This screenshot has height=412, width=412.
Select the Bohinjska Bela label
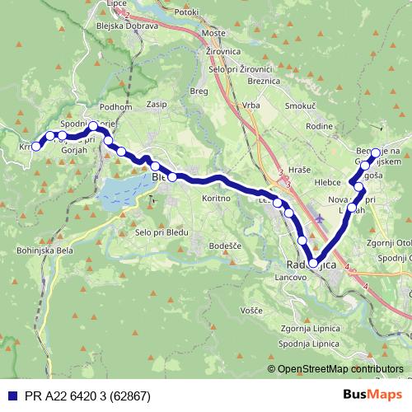point(29,247)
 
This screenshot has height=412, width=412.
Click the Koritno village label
point(215,198)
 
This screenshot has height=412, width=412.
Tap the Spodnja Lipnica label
point(309,342)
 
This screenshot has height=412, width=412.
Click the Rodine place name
point(317,126)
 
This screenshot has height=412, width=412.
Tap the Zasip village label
point(157,105)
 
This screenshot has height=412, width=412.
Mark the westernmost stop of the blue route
point(35,147)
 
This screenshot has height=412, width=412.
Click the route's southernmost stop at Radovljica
point(313,263)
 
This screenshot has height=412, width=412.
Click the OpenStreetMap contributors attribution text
point(339,369)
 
